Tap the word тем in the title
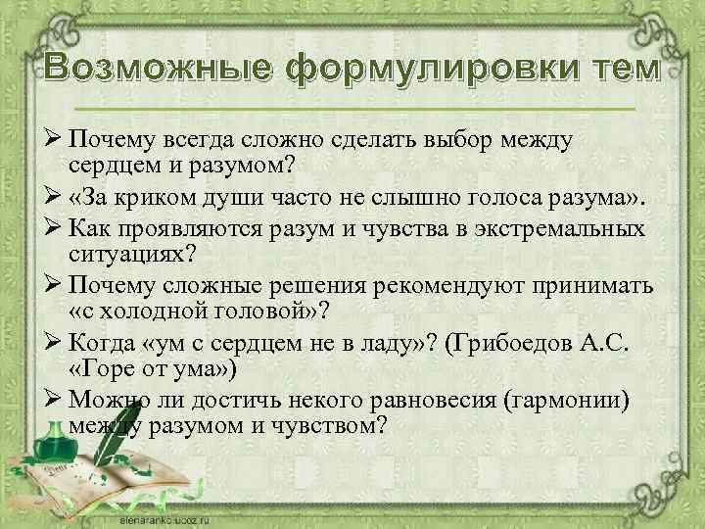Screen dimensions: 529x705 (x=627, y=71)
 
